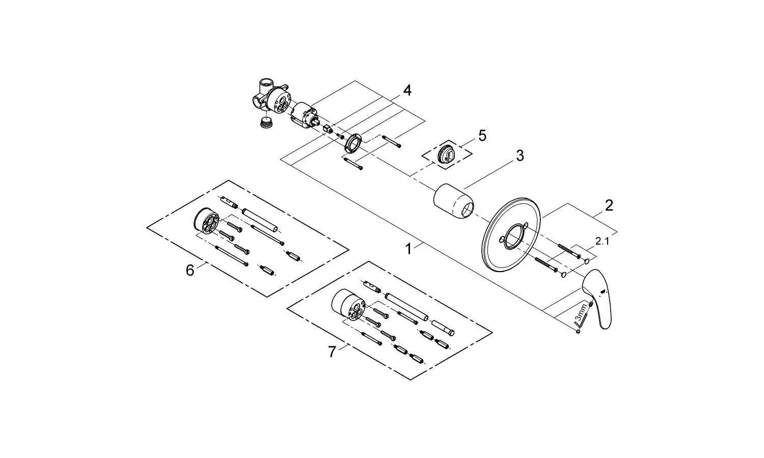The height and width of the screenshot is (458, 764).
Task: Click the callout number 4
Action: point(407,91)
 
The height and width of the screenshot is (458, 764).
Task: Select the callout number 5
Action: point(482,136)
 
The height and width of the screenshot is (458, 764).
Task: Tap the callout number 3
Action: point(520,156)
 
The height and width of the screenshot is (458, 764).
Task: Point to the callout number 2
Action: point(609,205)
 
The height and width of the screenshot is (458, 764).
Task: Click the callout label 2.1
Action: point(602,241)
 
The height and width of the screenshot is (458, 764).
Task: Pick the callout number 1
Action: point(408,249)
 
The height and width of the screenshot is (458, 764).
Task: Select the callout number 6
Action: point(189,271)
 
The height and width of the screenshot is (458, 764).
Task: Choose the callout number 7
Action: point(332,352)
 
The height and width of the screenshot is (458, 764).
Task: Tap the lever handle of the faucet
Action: point(601,301)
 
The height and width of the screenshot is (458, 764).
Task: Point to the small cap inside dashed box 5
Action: point(448,153)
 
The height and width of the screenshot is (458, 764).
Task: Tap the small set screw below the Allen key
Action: point(579,332)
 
